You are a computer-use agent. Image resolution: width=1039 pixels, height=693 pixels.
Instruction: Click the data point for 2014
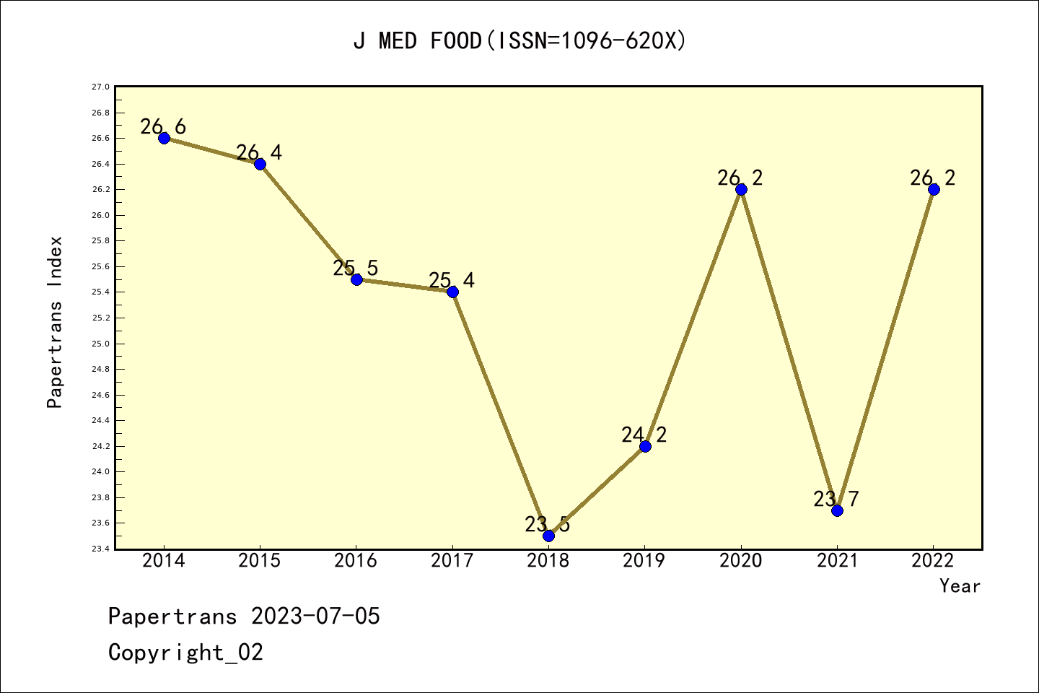point(164,138)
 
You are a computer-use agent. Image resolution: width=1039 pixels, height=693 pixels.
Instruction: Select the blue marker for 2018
point(548,536)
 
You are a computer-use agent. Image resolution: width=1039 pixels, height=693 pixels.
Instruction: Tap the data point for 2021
point(837,510)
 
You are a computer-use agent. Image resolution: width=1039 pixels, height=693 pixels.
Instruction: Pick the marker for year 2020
point(741,189)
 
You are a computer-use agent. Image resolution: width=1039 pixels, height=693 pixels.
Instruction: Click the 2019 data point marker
point(645,446)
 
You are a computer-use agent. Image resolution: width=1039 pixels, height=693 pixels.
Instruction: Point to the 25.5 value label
point(355,269)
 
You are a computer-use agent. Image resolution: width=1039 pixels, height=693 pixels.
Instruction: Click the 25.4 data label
point(452,281)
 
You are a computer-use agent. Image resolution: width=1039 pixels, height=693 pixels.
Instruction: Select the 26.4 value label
point(259,152)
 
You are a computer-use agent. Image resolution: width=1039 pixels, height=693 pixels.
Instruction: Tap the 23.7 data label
point(836,499)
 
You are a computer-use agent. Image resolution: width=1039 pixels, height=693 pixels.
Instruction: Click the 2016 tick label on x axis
point(356,561)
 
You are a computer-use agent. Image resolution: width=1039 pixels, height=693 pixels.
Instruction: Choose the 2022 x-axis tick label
point(933,561)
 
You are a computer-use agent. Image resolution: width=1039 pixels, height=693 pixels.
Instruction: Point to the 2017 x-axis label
point(452,561)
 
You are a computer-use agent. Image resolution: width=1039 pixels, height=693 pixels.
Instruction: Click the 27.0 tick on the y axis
point(100,87)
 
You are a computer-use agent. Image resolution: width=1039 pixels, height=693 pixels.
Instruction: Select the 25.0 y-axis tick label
point(100,344)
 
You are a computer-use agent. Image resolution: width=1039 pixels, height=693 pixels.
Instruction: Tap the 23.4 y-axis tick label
point(100,549)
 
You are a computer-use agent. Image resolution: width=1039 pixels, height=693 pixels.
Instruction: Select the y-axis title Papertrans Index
point(55,322)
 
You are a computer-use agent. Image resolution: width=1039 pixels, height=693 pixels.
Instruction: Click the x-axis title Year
point(960,586)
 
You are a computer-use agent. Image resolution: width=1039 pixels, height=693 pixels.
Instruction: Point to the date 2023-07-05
point(315,616)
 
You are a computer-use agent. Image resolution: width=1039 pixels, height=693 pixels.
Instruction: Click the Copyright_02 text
point(185,653)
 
